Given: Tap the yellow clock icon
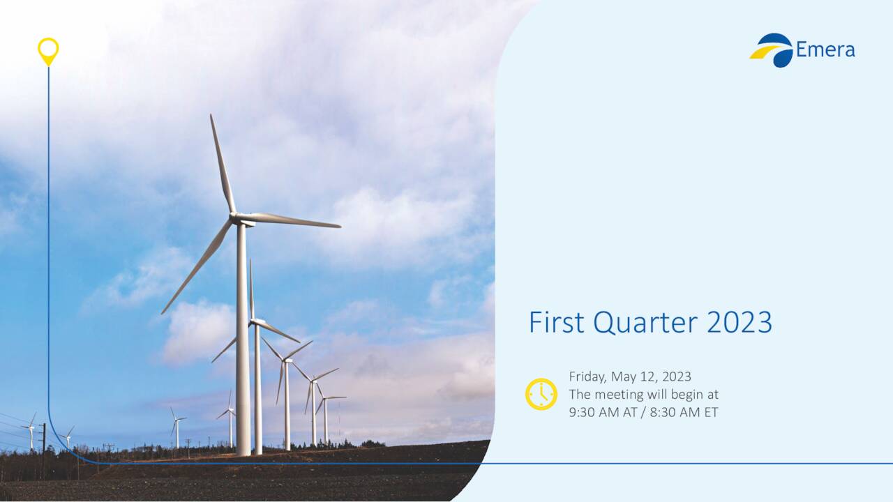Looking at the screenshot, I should tap(541, 394).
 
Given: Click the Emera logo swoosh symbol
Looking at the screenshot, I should tap(772, 50).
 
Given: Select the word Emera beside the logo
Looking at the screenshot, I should tap(825, 50).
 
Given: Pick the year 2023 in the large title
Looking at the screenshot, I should tap(740, 323).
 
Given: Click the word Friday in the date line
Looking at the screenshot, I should tap(587, 377).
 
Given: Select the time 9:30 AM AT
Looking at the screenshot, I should tap(604, 412).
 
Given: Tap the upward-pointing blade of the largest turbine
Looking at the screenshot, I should tap(223, 164).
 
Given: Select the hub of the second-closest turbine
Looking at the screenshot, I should tap(255, 322).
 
